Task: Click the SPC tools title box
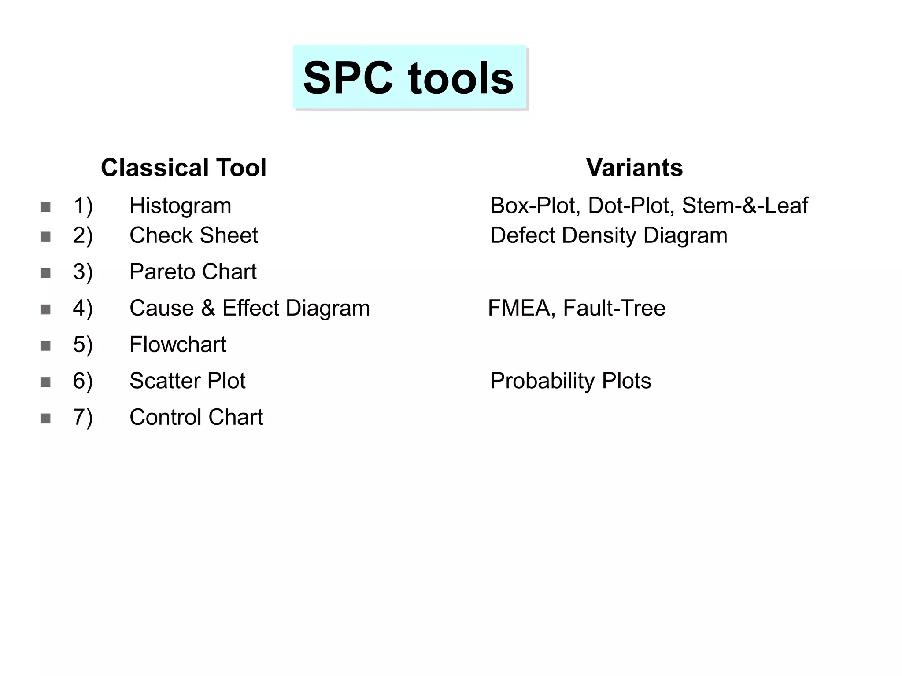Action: click(x=410, y=78)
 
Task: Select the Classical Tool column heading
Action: click(x=184, y=168)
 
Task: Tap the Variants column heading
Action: click(x=634, y=168)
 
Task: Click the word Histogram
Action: click(x=180, y=206)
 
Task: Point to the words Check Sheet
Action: click(x=193, y=235)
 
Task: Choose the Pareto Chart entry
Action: click(x=192, y=272)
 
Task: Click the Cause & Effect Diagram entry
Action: click(x=249, y=308)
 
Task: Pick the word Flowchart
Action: click(x=177, y=344)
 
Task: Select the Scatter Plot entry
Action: click(x=187, y=381)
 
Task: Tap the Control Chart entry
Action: click(x=196, y=417)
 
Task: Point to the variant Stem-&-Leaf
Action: click(x=745, y=206)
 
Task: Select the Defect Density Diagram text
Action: click(x=609, y=235)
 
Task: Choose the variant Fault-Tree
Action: click(x=614, y=308)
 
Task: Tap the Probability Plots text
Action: click(x=570, y=381)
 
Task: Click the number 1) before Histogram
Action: click(x=83, y=206)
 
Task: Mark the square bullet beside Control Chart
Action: click(x=45, y=418)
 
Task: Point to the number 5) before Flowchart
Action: click(x=83, y=345)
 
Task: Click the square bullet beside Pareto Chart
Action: click(x=45, y=273)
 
